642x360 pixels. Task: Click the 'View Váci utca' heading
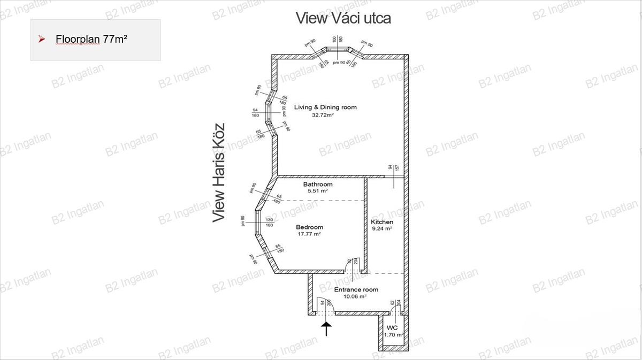coord(343,18)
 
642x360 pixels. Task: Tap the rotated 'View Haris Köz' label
coord(218,173)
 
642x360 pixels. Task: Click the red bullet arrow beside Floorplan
coord(41,39)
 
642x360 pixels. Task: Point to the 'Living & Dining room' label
coord(325,108)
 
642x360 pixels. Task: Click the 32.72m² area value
coord(323,115)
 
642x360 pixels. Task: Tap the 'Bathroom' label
coord(318,185)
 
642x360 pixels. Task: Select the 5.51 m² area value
coord(317,191)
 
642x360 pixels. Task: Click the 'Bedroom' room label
coord(309,227)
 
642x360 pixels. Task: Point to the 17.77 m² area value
coord(309,234)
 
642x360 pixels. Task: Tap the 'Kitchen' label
coord(382,222)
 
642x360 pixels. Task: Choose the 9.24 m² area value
coord(382,228)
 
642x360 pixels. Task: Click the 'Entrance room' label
coord(356,290)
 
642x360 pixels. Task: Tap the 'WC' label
coord(392,327)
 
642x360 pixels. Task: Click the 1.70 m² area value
coord(393,335)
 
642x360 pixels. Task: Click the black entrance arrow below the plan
coord(326,327)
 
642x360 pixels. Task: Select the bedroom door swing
coord(355,264)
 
